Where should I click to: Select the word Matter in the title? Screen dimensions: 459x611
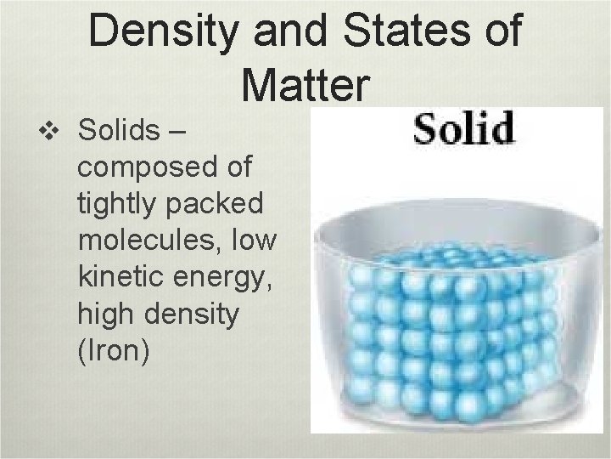click(305, 82)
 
